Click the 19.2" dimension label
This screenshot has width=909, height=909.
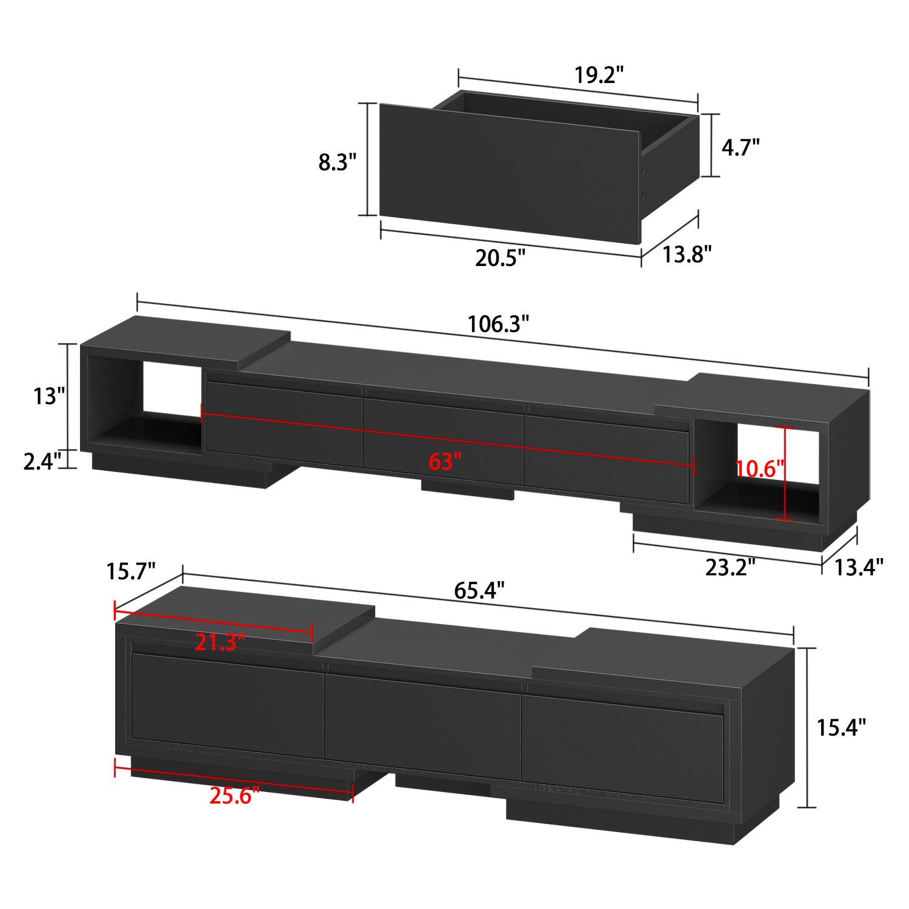coord(599,76)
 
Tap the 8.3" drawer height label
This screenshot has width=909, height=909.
coord(338,162)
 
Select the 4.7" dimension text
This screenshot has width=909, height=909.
coord(740,147)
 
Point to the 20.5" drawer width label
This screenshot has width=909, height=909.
coord(499,258)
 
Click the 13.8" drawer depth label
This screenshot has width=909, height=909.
coord(685,255)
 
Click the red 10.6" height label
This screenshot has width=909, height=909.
coord(760,468)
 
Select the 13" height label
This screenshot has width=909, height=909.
coord(48,396)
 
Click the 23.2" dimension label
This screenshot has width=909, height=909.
coord(730,567)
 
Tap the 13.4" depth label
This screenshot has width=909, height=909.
coord(859,567)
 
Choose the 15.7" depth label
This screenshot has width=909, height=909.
coord(132,571)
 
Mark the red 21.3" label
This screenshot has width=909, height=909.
coord(219,642)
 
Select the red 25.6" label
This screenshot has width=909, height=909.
coord(235,795)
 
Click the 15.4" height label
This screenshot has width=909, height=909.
coord(841,727)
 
